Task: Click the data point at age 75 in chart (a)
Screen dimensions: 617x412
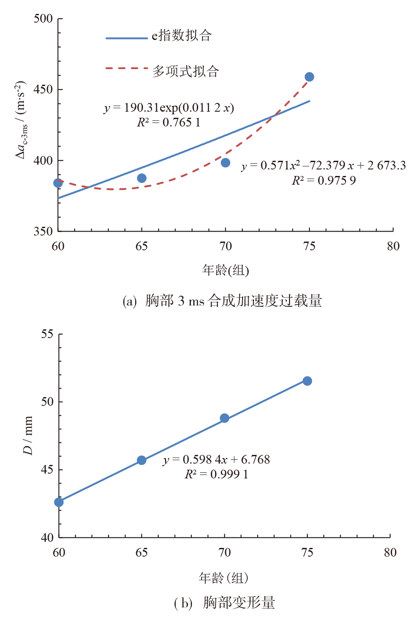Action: (x=309, y=77)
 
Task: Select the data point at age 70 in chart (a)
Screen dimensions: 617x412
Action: (x=225, y=163)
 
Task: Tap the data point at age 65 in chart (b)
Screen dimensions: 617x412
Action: (x=142, y=460)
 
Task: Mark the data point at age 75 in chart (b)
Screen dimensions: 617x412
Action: (x=307, y=381)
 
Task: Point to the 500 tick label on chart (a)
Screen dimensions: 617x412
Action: (x=43, y=19)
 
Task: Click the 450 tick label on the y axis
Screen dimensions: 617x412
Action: (x=43, y=90)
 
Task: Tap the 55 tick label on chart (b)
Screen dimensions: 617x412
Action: (x=47, y=334)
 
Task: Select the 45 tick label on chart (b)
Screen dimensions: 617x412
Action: (x=47, y=470)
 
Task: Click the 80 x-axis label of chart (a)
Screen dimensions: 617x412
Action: (x=393, y=246)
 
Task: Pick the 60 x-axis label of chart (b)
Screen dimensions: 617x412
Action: (x=59, y=552)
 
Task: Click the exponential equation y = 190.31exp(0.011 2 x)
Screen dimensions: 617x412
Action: (x=169, y=108)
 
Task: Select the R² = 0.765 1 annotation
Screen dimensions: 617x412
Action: (x=169, y=123)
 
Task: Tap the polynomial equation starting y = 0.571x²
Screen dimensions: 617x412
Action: (x=323, y=166)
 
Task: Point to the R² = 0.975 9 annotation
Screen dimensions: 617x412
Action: (x=323, y=180)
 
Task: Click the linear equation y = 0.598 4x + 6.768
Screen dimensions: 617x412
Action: (x=216, y=460)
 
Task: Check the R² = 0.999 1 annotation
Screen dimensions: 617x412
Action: (x=216, y=474)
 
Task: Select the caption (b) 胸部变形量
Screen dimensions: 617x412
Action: (x=224, y=603)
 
